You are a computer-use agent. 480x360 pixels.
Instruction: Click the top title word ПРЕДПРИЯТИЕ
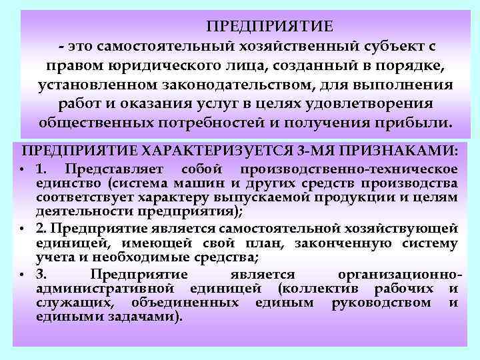[269, 26]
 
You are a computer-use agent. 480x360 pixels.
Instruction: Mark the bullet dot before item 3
[24, 275]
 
